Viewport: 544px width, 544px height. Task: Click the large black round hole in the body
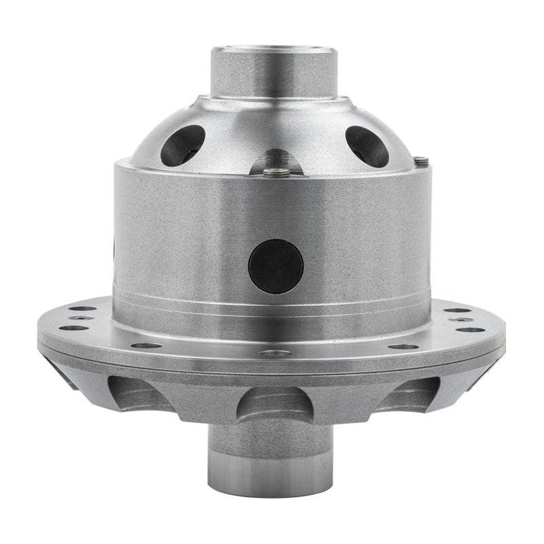click(275, 267)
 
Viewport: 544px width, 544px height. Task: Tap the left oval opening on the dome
click(183, 145)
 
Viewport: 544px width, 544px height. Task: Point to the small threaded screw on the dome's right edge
click(422, 162)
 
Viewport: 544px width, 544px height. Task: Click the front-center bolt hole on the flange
click(275, 354)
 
